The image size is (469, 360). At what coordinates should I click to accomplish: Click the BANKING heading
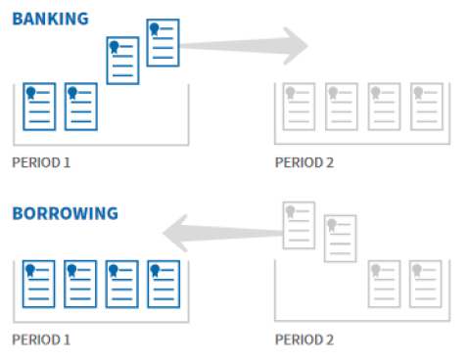[50, 18]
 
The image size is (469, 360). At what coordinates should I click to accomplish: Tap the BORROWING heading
[65, 213]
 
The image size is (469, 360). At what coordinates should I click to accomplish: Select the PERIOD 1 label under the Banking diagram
[41, 162]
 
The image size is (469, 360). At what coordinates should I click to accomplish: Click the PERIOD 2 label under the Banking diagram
[305, 162]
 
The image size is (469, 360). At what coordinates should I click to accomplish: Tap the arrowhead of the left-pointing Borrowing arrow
[175, 236]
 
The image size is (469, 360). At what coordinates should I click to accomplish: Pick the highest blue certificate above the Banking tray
[163, 42]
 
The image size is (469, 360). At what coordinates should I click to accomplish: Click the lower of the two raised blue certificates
[122, 61]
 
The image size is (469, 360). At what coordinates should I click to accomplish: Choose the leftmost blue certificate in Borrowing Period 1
[39, 283]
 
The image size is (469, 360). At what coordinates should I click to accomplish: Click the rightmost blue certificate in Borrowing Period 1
[163, 283]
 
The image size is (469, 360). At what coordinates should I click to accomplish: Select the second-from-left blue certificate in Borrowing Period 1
[80, 283]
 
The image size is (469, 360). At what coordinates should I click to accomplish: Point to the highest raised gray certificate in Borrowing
[298, 225]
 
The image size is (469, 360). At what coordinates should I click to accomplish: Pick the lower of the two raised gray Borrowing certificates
[340, 238]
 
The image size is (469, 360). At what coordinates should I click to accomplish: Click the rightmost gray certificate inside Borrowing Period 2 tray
[424, 283]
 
